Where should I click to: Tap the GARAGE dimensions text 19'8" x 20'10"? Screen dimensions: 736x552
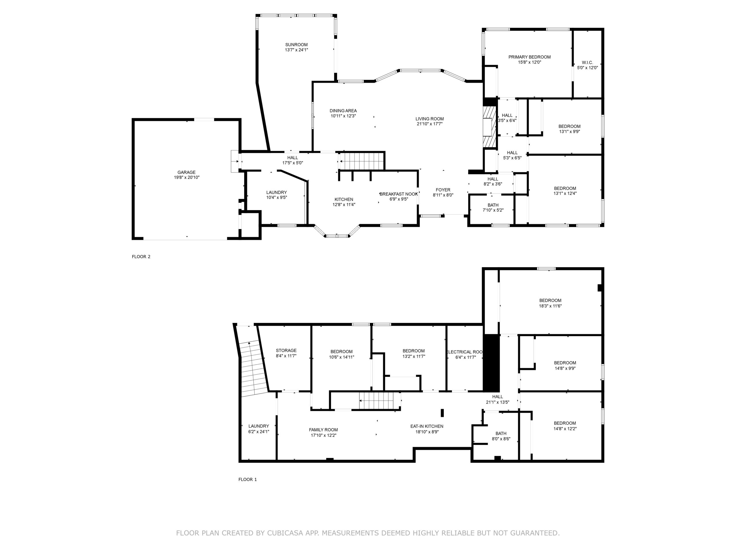coord(186,177)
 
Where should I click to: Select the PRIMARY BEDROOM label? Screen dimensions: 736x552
coord(529,57)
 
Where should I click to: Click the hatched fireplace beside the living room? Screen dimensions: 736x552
coord(490,126)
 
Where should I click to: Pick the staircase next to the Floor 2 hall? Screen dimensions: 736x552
coord(362,161)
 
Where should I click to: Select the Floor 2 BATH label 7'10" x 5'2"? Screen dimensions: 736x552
coord(493,208)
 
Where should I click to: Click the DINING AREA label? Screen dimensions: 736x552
coord(343,111)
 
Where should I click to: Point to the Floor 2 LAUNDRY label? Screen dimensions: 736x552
coord(276,192)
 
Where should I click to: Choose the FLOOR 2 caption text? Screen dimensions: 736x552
coord(141,256)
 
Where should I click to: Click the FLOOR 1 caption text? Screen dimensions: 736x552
coord(248,480)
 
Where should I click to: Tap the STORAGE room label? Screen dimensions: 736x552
coord(286,350)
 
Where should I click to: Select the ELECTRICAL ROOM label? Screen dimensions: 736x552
coord(465,352)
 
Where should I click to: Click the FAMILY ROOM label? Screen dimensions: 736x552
coord(323,430)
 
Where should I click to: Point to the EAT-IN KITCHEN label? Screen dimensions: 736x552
coord(427,426)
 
